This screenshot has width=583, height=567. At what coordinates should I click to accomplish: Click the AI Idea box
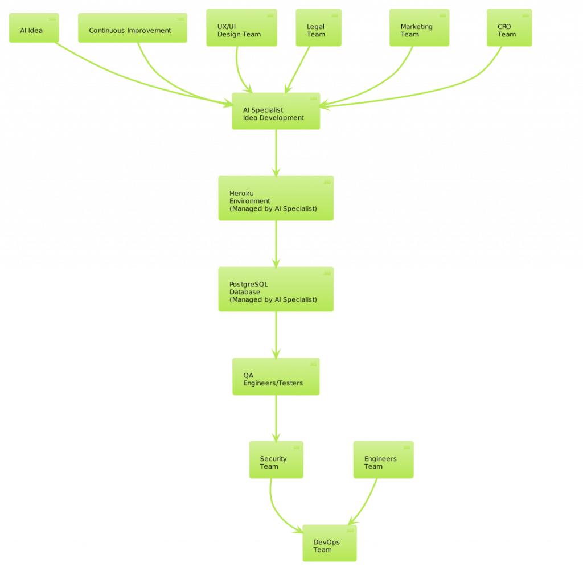point(34,28)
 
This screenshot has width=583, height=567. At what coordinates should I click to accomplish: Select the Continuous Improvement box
point(132,28)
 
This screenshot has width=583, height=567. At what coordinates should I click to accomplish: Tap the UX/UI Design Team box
point(241,28)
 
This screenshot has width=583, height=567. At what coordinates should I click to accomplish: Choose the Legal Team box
point(318,28)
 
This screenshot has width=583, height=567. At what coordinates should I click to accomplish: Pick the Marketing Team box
point(418,28)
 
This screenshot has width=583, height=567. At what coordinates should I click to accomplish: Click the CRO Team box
point(509,28)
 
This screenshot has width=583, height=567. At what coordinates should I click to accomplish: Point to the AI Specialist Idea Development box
point(276,111)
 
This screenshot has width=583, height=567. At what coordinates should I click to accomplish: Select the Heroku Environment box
point(276,198)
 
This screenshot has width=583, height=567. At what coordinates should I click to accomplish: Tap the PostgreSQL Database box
point(276,289)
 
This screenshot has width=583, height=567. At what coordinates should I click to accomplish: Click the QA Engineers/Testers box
point(276,376)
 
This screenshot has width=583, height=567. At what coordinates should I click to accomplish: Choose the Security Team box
point(276,459)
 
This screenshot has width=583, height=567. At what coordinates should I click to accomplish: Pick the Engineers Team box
point(383,459)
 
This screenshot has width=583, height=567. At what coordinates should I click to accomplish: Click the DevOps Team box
point(329,543)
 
